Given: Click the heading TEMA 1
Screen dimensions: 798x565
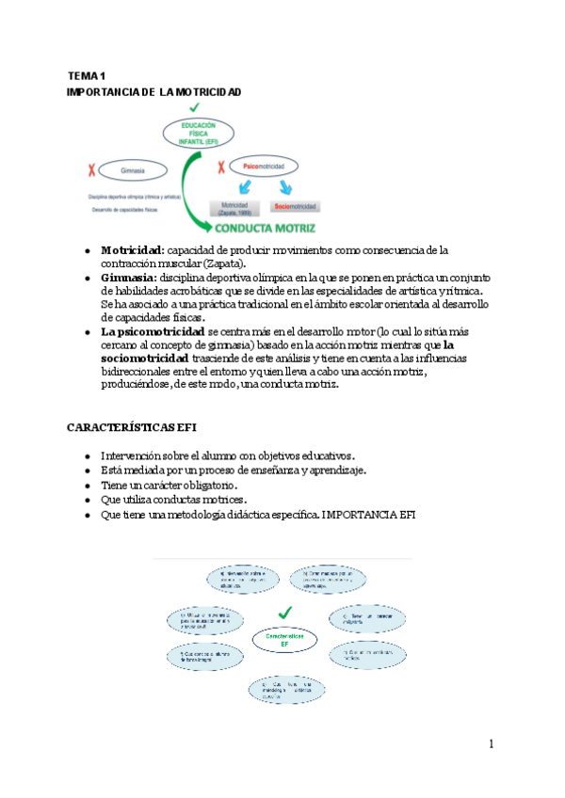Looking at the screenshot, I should pyautogui.click(x=87, y=75).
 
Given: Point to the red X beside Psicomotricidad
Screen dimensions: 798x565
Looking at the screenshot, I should pyautogui.click(x=220, y=168).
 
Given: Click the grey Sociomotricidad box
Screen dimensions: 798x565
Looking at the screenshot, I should pyautogui.click(x=296, y=205).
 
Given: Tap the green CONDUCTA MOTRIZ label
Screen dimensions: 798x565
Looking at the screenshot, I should pyautogui.click(x=266, y=229).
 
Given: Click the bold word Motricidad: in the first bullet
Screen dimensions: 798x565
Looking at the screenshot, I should pyautogui.click(x=133, y=250).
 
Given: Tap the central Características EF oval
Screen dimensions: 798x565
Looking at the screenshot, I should pyautogui.click(x=285, y=641).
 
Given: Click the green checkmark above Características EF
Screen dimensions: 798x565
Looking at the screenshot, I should pyautogui.click(x=285, y=614).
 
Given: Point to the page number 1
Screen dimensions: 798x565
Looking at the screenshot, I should pyautogui.click(x=491, y=745).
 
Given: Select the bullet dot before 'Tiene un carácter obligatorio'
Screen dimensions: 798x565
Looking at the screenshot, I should pyautogui.click(x=88, y=485).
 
